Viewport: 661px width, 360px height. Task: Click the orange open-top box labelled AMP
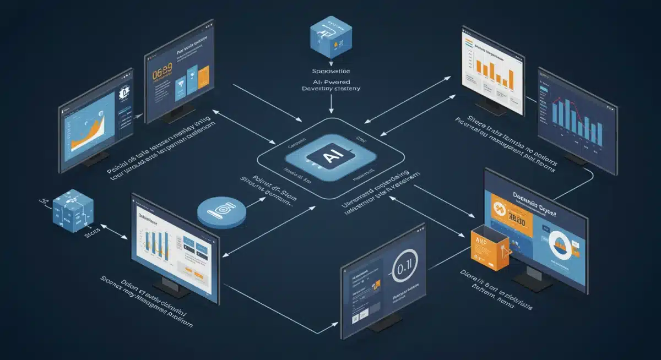click(x=487, y=248)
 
